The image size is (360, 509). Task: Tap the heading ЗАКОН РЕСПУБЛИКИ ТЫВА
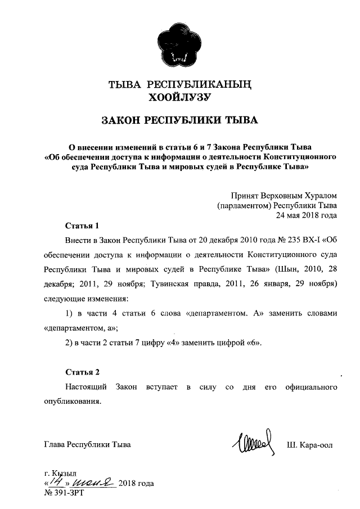pos(179,121)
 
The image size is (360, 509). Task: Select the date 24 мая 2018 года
pos(306,215)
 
